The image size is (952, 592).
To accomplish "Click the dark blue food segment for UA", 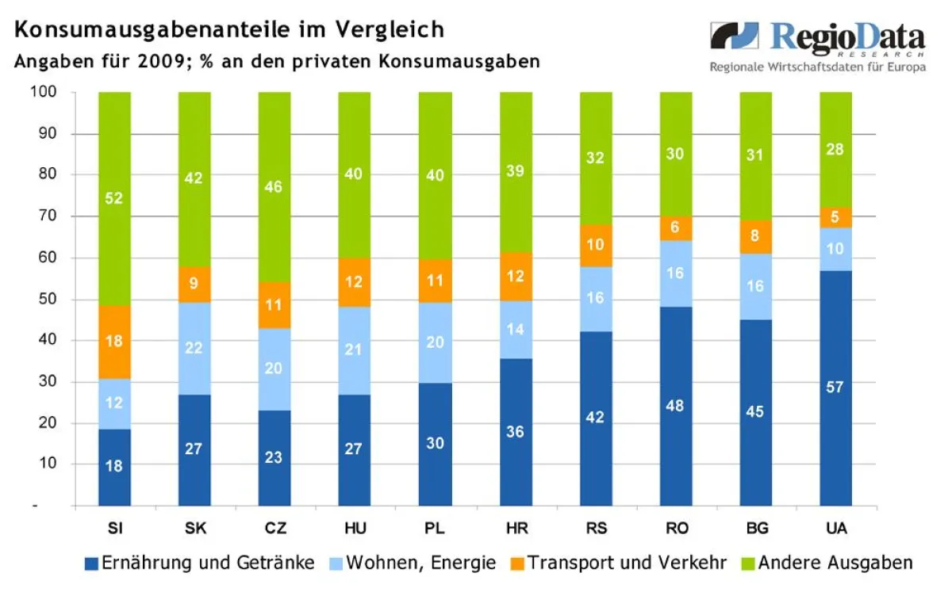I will (x=835, y=388).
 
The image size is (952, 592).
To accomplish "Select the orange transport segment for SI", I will (x=114, y=342).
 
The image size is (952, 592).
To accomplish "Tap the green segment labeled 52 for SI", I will (x=114, y=198).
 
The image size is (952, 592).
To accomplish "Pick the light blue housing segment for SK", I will (x=194, y=348).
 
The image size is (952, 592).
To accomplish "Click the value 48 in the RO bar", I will (x=675, y=406).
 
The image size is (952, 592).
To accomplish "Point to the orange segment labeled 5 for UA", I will (x=835, y=217).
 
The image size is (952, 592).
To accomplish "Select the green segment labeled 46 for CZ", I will (x=274, y=187).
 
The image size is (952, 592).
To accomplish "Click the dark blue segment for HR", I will (x=515, y=432).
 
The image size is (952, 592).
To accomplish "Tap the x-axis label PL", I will (x=435, y=529).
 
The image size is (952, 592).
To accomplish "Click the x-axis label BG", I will (x=755, y=529).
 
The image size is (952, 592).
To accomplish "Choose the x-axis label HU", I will (x=355, y=529).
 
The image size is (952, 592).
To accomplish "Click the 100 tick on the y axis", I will (x=42, y=92).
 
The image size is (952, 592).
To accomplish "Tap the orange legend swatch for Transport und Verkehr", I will (x=516, y=563).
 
